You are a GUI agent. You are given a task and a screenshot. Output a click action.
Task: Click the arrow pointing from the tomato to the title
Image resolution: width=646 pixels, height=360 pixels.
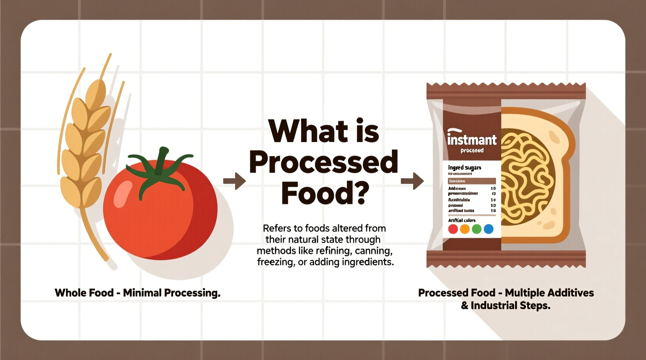pos(234,181)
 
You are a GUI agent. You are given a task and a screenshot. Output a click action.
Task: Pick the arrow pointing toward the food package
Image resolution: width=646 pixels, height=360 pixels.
pos(412,181)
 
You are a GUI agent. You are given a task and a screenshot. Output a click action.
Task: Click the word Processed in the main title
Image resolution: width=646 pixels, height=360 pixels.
pos(324,163)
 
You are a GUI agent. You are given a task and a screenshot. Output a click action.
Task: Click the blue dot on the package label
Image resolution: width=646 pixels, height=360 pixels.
pos(489,229)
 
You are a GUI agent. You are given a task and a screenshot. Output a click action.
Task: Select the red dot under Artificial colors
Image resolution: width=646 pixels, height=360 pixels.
pos(453,229)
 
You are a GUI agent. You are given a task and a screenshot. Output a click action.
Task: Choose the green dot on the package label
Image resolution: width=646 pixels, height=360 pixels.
pos(477,229)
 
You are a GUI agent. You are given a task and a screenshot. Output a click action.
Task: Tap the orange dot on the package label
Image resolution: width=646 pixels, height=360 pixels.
pos(465,229)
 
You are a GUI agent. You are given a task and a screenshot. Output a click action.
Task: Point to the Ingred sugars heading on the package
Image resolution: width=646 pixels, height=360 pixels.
pos(464,168)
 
